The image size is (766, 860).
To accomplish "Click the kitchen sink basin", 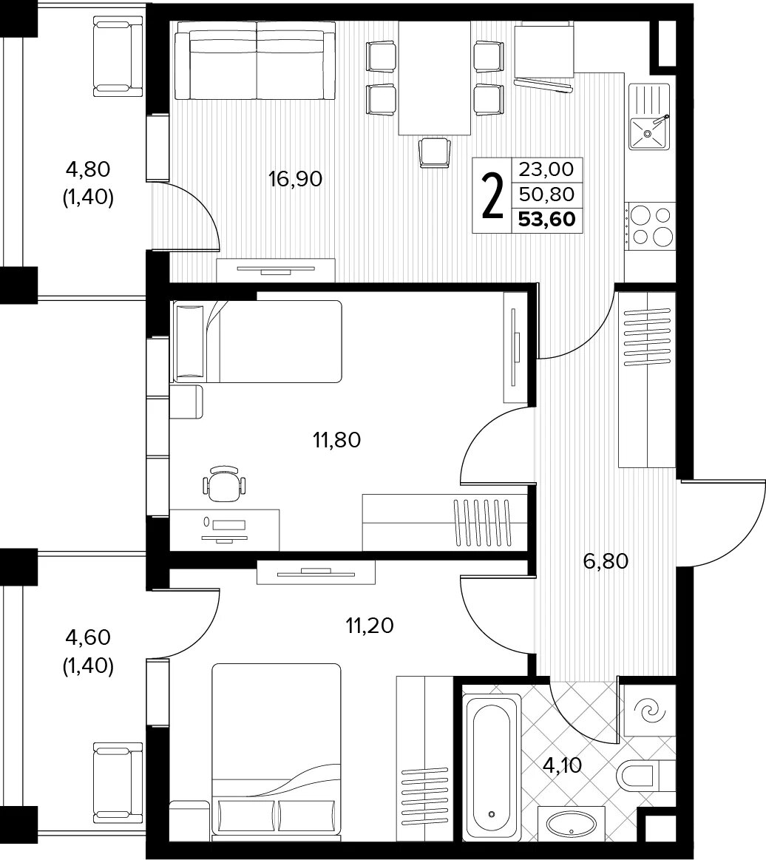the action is pos(648,132).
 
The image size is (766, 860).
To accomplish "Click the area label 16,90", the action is pos(296,179).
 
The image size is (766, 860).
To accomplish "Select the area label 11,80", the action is pos(336,439).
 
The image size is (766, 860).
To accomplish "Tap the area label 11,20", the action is pos(370,625).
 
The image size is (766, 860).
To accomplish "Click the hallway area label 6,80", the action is pos(606,561).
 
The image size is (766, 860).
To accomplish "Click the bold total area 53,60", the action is pos(546,220).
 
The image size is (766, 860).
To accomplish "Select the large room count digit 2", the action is pos(492,194).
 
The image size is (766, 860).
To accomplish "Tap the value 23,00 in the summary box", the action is pos(546,169).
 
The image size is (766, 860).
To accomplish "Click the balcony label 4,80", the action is pos(88,169).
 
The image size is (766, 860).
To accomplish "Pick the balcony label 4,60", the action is pos(88,637).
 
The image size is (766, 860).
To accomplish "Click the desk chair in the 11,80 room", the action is pos(224,483).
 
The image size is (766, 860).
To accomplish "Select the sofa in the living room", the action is pos(256,65).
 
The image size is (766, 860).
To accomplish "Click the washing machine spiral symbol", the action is pos(650,712).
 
